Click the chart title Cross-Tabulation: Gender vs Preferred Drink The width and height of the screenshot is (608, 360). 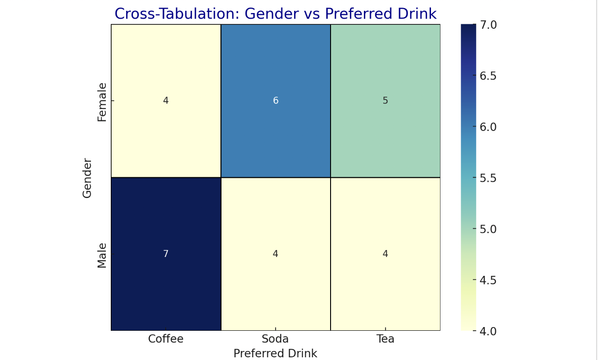click(275, 14)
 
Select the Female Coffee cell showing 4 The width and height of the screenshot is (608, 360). click(166, 101)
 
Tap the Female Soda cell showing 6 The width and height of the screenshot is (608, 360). click(276, 101)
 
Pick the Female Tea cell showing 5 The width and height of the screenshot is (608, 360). click(385, 101)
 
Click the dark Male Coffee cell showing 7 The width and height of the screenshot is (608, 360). click(166, 254)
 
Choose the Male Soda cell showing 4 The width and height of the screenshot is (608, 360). click(276, 254)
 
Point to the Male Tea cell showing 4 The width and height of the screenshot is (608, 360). click(385, 254)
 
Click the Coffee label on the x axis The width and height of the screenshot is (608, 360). click(166, 339)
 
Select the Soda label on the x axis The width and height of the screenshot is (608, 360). click(275, 339)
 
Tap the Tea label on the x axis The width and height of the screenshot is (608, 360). click(385, 339)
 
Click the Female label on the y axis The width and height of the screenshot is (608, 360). click(102, 102)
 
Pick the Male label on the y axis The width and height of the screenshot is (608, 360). click(102, 255)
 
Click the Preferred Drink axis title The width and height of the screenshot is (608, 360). click(275, 353)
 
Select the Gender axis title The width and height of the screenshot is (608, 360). click(87, 178)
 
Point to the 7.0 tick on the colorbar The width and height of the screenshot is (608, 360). click(488, 25)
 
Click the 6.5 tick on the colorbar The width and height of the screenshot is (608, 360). click(488, 76)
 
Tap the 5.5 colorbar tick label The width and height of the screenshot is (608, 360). click(488, 178)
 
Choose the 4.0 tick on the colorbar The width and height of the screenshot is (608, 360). click(488, 331)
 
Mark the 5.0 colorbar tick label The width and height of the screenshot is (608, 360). click(488, 229)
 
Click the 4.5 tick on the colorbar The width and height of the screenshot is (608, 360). click(488, 280)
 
